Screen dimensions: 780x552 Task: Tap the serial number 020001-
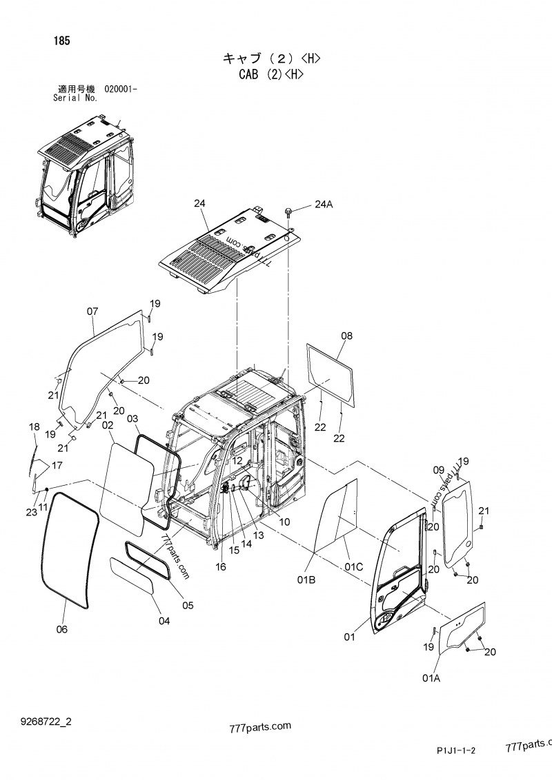coord(121,89)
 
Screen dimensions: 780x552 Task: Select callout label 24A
coord(324,204)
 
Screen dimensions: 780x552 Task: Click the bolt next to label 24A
coord(289,209)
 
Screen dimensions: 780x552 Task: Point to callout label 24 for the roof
coord(199,203)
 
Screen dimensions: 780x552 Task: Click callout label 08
coord(346,336)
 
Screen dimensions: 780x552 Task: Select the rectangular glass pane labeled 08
coord(331,369)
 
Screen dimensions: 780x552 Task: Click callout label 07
coord(92,311)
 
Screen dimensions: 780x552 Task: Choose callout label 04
coord(164,621)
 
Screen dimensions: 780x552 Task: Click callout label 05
coord(188,606)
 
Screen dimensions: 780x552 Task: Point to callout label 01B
coord(306,580)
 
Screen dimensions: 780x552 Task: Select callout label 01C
coord(354,566)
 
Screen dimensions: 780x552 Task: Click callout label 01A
coord(431,679)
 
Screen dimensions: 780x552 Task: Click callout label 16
coord(220,566)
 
